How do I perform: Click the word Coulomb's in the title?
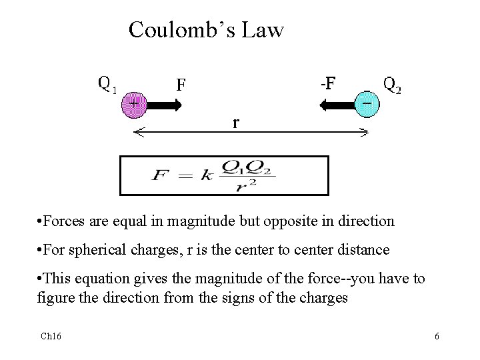tap(174, 30)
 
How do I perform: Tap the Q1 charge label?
tap(107, 85)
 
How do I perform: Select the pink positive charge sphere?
tap(135, 105)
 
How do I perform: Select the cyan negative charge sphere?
tap(366, 105)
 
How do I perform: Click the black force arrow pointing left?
tap(337, 105)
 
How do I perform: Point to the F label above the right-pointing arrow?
tap(181, 85)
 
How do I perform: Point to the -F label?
tap(327, 83)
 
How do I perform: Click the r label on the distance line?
tap(236, 123)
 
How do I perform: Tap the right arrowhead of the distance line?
tap(363, 133)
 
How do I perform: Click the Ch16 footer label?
tap(50, 337)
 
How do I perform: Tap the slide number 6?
tap(437, 337)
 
